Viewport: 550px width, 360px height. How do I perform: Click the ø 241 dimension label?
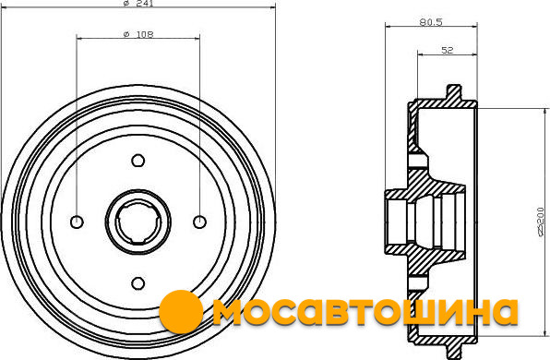[x=138, y=3]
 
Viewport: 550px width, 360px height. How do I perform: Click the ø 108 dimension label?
[x=138, y=34]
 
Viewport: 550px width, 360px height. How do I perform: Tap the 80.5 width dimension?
[x=431, y=22]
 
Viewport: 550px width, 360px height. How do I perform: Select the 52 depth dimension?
[x=448, y=50]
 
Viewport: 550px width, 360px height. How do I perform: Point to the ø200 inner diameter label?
[x=542, y=222]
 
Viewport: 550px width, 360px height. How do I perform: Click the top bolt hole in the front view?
[x=138, y=161]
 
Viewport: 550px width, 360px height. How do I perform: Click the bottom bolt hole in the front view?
[x=138, y=283]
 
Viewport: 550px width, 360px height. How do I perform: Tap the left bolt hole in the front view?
[x=77, y=222]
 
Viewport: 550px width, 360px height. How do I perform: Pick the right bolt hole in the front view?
[x=199, y=222]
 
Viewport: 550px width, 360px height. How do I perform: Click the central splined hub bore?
[x=138, y=222]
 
